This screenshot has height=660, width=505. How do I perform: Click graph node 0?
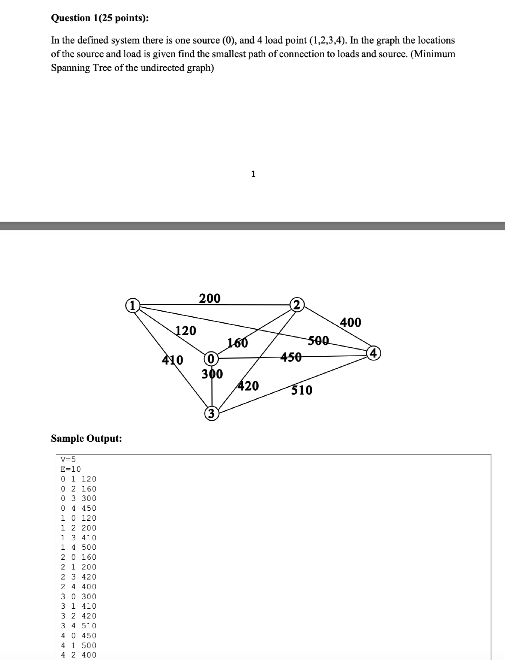(211, 359)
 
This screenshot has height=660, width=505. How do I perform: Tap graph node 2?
(297, 305)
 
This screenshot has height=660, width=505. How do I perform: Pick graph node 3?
(212, 414)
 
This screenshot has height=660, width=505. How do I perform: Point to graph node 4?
(374, 353)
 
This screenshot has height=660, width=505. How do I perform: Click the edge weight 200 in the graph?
(210, 298)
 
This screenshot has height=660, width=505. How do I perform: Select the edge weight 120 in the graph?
(185, 331)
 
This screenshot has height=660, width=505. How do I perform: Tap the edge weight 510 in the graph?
(302, 390)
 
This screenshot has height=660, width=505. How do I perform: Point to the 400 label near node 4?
(350, 322)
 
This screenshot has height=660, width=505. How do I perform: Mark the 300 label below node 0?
(212, 374)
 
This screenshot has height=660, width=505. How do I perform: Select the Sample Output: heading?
(87, 438)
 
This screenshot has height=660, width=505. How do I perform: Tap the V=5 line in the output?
(68, 459)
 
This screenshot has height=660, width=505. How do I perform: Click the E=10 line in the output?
(71, 469)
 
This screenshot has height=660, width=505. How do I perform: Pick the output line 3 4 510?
(78, 626)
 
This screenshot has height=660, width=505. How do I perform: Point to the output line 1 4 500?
(78, 547)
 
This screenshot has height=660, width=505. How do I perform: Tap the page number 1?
(253, 174)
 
